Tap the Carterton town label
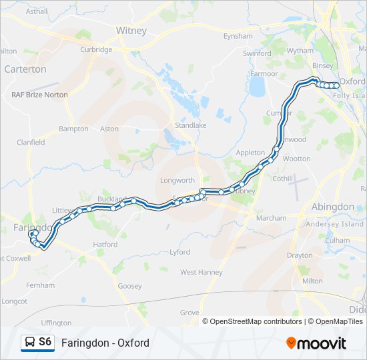point(25,69)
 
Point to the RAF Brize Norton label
point(39,95)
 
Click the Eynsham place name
point(238,36)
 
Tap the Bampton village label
point(73,129)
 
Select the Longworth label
point(177,180)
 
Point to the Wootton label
point(296,159)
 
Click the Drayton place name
point(299,255)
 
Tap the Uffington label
point(56,323)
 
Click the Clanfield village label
point(31,142)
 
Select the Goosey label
point(129,286)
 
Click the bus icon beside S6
point(29,343)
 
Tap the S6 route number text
point(45,342)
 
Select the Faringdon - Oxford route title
point(105,343)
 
